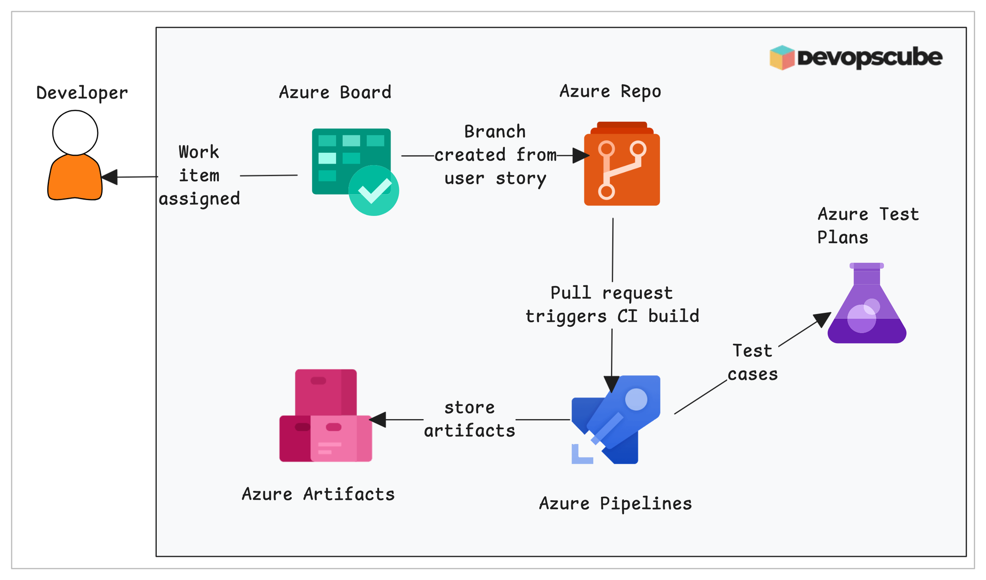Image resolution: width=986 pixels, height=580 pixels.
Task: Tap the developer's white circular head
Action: coord(75,133)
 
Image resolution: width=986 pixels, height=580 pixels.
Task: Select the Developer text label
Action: coord(82,93)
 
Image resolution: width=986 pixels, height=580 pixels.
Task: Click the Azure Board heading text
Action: coord(335,92)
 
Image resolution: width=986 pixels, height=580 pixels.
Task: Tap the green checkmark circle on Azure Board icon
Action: coord(374,191)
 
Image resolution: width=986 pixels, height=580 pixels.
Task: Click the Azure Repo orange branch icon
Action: coord(622,168)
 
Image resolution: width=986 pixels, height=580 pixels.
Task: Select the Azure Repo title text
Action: coord(610,91)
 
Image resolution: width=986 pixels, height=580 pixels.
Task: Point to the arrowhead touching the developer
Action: coord(109,177)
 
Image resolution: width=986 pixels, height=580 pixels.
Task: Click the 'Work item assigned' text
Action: coord(199,175)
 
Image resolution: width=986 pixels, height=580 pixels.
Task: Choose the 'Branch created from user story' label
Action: coord(495,155)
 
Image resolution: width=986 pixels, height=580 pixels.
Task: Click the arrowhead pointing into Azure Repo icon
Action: coord(581,155)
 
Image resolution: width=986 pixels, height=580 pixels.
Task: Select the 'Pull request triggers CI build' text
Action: coord(612,305)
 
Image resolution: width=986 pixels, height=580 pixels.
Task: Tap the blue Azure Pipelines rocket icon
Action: coord(616,419)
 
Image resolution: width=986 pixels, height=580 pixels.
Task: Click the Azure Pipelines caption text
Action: coord(615,503)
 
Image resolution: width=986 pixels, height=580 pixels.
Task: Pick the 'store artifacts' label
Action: coord(469,419)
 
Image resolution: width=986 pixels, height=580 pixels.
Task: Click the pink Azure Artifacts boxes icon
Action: coord(325,416)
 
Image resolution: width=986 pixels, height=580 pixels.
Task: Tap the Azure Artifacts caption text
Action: coord(318,494)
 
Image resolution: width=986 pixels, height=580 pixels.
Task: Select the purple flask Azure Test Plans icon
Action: coord(867,306)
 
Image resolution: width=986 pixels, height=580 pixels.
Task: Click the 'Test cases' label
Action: coord(752,362)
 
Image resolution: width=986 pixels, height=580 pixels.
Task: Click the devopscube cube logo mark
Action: coord(782,58)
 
